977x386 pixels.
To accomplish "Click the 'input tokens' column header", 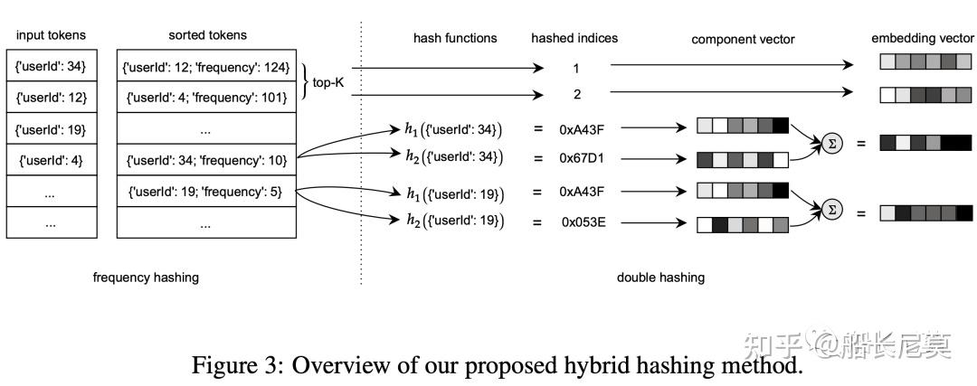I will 52,35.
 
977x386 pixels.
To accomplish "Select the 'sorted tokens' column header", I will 207,35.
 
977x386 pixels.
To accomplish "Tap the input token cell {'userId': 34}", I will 52,67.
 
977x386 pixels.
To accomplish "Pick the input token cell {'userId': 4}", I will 52,162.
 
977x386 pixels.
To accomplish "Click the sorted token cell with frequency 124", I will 207,67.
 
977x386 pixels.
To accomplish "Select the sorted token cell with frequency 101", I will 207,99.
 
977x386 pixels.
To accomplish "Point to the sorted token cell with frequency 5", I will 207,191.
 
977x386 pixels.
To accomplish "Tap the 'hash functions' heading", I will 455,38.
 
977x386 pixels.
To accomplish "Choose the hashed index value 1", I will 575,68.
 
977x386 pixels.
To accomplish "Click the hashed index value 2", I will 575,93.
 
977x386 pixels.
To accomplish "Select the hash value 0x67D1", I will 582,157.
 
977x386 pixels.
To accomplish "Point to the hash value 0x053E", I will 583,221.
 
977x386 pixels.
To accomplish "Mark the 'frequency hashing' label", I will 146,278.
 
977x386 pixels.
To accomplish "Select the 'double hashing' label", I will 660,278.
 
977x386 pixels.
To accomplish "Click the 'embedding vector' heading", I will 922,39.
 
